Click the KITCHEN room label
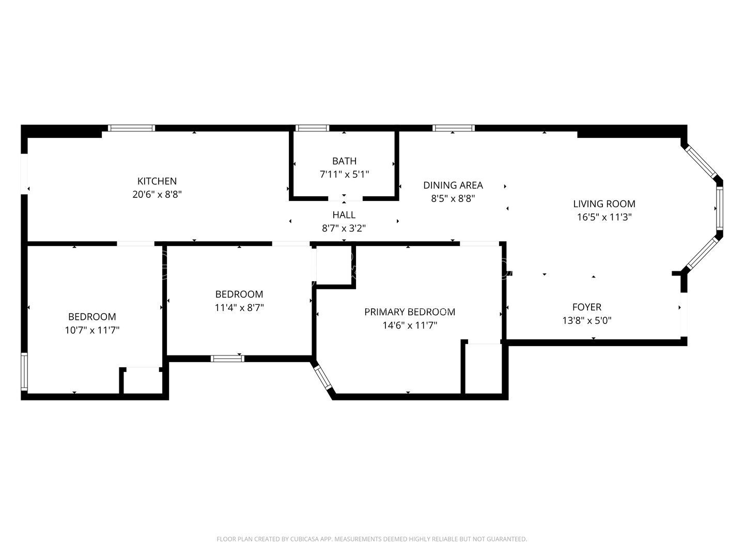pos(157,181)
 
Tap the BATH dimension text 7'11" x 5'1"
pos(344,175)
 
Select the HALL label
pos(344,215)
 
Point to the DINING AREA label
pos(453,185)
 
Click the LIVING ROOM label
pos(604,204)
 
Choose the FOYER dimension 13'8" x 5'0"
pos(586,321)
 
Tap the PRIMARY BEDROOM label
pos(410,312)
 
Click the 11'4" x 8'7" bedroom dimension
pos(239,308)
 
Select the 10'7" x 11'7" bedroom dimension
pos(92,330)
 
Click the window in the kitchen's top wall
pos(131,128)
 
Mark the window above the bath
pos(312,128)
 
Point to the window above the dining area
pos(453,128)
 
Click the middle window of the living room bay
pos(719,208)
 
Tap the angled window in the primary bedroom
pos(323,377)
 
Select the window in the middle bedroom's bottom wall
pos(227,358)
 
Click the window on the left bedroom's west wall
pos(24,371)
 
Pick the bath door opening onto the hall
pos(345,198)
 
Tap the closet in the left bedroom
pos(142,381)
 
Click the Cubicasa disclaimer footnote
pos(371,539)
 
